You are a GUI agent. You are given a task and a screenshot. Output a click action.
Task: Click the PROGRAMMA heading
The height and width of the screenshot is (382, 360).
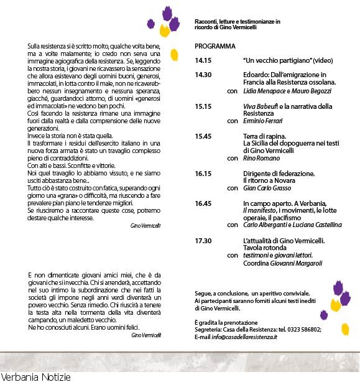pos(215,46)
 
